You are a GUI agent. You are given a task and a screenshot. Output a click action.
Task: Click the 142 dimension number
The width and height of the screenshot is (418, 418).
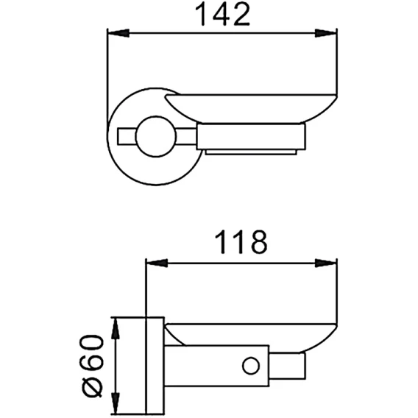222,14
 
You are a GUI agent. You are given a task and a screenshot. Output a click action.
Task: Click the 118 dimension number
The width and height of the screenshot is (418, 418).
241,242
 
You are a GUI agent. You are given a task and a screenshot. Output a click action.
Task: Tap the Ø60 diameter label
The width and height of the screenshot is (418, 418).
92,366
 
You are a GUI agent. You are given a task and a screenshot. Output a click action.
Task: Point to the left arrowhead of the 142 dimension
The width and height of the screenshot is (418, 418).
118,33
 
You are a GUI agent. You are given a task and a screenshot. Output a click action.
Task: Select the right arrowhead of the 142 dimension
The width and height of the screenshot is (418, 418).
325,33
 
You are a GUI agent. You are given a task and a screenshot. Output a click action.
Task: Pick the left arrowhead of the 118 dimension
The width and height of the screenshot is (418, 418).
157,263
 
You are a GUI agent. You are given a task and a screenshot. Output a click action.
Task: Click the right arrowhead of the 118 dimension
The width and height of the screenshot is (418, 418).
325,263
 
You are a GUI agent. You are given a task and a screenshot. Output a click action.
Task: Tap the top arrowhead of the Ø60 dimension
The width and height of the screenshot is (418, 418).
115,329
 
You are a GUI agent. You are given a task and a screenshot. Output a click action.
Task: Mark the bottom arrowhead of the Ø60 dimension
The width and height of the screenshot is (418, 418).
115,403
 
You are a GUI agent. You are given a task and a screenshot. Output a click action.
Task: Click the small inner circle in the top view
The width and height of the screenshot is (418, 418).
156,136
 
